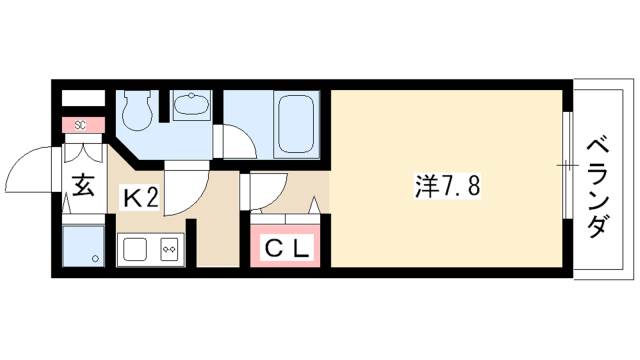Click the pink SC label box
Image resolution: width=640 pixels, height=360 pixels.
(x=81, y=125)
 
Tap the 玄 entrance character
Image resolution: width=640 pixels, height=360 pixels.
(x=81, y=187)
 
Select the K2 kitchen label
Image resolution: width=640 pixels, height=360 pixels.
(x=140, y=197)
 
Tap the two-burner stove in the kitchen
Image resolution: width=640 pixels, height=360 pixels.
(x=168, y=247)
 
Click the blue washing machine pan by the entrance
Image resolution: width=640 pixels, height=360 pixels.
(x=82, y=245)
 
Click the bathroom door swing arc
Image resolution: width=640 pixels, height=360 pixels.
(x=236, y=139)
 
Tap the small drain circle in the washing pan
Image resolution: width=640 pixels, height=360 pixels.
(x=95, y=258)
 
